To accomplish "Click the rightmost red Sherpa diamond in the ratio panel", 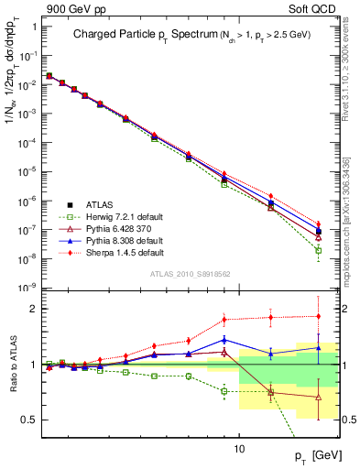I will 318,316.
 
